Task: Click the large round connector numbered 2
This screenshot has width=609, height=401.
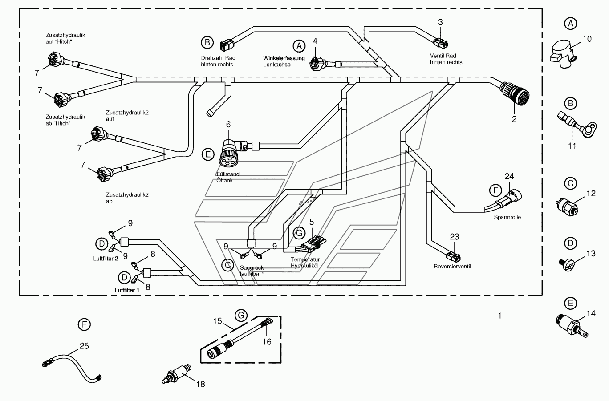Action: [x=514, y=93]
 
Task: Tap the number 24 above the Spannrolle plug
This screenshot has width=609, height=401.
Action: [x=509, y=176]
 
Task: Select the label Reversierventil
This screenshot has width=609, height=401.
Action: [x=452, y=267]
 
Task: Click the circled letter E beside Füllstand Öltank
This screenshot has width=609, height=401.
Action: [x=208, y=154]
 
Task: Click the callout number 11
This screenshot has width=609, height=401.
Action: [x=572, y=146]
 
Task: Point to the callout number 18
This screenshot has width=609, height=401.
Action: [x=200, y=384]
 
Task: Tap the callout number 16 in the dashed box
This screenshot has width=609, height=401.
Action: [x=267, y=342]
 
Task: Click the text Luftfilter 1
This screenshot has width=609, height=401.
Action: [x=127, y=290]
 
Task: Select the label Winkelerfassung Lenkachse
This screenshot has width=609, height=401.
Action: [x=284, y=61]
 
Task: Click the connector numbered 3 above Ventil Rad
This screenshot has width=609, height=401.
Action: [x=440, y=43]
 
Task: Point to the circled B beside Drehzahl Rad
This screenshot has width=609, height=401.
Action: [x=207, y=43]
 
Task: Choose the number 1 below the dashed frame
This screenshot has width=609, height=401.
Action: [x=499, y=316]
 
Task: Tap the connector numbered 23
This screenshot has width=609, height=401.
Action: [x=453, y=256]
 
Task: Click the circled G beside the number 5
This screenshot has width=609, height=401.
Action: [x=299, y=233]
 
